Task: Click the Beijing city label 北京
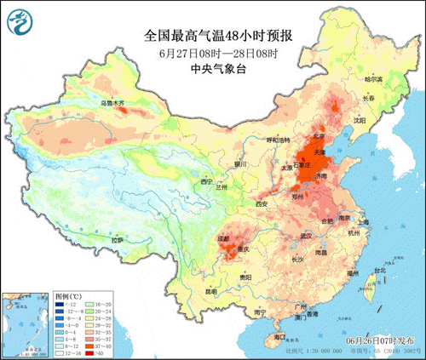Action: (294, 134)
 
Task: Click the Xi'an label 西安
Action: (262, 204)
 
